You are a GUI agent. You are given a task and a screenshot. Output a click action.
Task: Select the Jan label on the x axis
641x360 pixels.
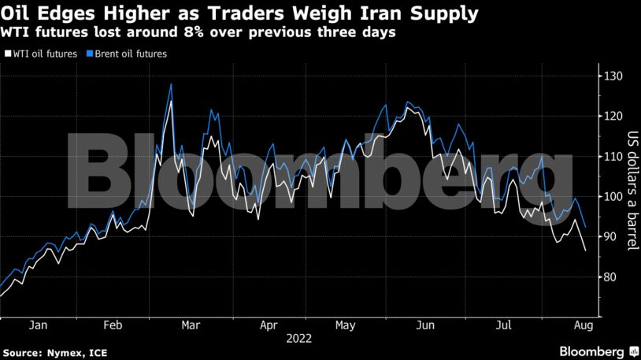(x=37, y=325)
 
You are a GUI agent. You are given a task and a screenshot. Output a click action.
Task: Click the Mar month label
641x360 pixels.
(x=189, y=325)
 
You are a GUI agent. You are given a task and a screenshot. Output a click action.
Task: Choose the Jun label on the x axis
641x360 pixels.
(x=426, y=325)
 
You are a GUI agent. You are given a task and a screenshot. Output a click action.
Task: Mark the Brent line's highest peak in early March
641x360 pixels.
(x=171, y=84)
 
